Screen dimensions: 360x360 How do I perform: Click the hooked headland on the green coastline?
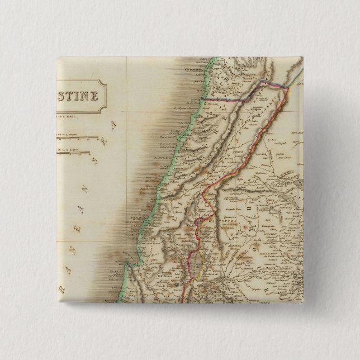129,263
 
